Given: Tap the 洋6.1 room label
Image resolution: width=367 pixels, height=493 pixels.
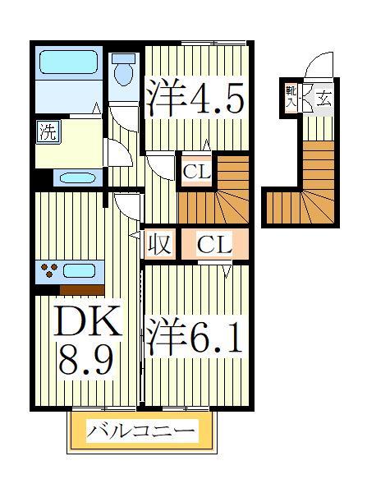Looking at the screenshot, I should pos(195,338).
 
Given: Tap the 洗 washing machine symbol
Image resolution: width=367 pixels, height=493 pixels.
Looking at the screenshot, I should pos(47,131).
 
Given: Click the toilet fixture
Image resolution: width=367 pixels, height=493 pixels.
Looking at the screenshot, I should pos(125,69).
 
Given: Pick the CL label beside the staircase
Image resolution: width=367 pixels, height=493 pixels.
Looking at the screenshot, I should pos(197,172).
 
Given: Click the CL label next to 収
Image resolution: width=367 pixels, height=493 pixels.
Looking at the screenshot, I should pos(214,243).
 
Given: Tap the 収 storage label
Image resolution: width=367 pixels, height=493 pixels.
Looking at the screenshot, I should pos(158,243).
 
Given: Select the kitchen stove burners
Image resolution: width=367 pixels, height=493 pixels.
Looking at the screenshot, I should pos(48,270).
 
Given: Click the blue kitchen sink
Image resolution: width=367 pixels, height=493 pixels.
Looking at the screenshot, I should pos(80,270).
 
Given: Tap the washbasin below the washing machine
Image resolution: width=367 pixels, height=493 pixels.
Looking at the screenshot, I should pos(77,177).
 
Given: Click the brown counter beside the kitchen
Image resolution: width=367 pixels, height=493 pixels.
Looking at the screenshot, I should pos(81,288).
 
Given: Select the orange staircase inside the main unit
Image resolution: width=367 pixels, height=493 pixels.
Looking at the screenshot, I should pos(216,194).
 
